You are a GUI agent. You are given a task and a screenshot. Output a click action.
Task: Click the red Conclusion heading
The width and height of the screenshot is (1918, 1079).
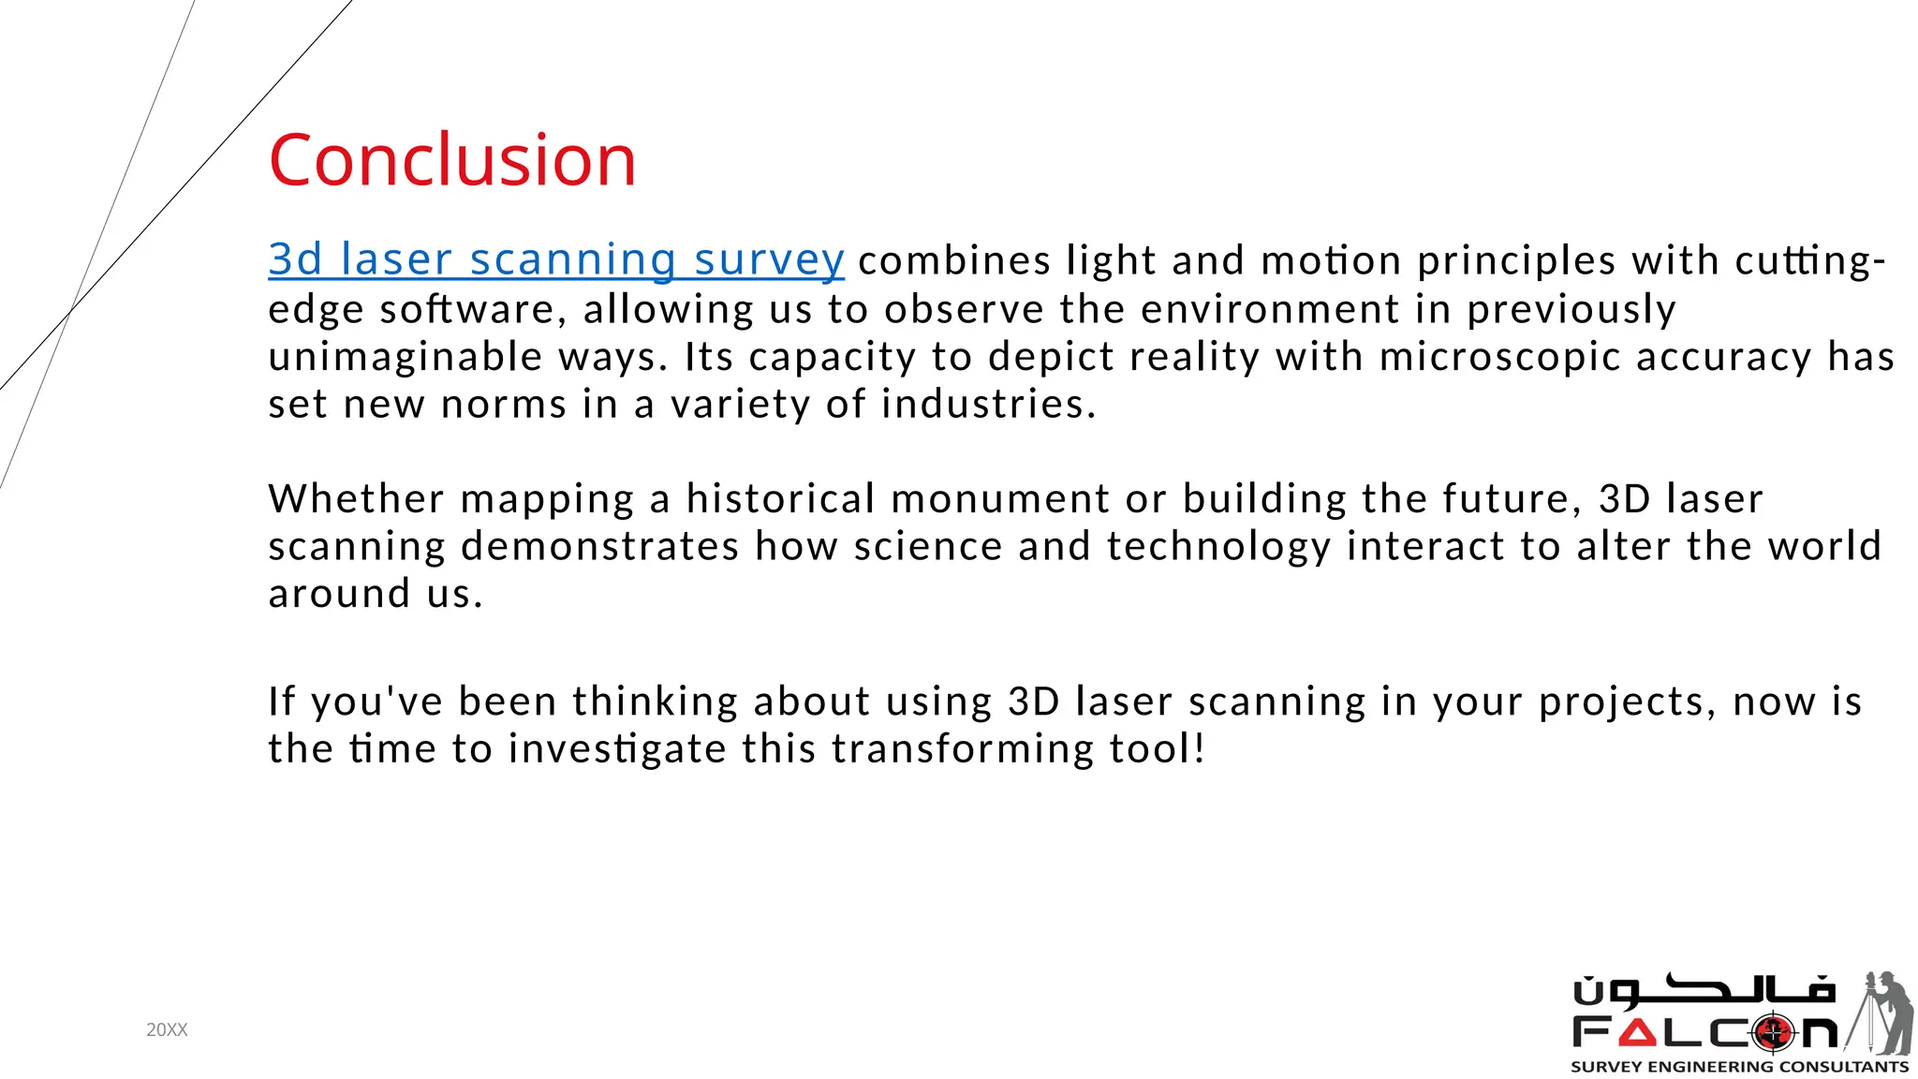tap(452, 160)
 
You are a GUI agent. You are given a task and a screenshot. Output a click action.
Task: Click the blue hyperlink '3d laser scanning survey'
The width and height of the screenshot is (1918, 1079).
tap(556, 259)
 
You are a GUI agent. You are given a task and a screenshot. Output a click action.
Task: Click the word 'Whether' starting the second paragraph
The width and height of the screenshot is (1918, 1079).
tap(356, 498)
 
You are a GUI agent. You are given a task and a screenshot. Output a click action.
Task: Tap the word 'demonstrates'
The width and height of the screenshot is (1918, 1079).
tap(600, 546)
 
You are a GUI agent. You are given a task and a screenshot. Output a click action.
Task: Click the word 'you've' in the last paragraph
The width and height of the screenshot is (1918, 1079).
tap(376, 702)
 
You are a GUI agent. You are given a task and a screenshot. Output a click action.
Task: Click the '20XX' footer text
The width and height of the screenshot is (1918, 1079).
tap(167, 1030)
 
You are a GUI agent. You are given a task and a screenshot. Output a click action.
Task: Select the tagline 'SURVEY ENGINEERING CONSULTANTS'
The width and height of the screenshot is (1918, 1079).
tap(1739, 1067)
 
